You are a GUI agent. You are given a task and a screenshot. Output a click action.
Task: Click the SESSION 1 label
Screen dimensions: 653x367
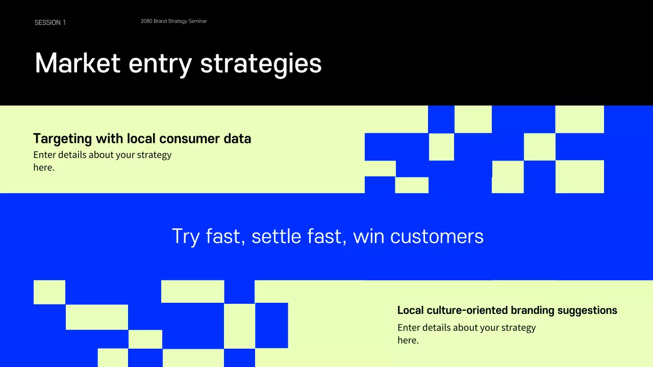pyautogui.click(x=50, y=23)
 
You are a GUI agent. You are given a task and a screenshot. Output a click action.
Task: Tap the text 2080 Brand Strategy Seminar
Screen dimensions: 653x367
pyautogui.click(x=174, y=21)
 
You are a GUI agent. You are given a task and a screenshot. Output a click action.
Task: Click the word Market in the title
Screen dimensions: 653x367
pyautogui.click(x=78, y=63)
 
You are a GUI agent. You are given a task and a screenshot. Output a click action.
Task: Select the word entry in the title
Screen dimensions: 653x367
pyautogui.click(x=160, y=65)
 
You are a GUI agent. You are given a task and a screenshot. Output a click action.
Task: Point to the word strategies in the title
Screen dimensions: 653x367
pyautogui.click(x=261, y=64)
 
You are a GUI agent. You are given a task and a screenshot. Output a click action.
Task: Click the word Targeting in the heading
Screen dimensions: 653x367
pyautogui.click(x=63, y=139)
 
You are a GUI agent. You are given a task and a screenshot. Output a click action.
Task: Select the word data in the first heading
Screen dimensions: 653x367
pyautogui.click(x=237, y=138)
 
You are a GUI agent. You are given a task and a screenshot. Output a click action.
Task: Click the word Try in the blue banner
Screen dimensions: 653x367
pyautogui.click(x=186, y=237)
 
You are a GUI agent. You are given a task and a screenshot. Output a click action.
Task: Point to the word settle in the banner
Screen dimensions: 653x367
pyautogui.click(x=277, y=236)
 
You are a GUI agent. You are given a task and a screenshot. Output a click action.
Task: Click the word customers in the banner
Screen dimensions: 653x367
pyautogui.click(x=437, y=237)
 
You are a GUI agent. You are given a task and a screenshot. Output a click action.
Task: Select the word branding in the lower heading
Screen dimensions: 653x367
pyautogui.click(x=533, y=310)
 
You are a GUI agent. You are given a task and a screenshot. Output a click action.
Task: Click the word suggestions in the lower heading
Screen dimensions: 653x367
pyautogui.click(x=587, y=311)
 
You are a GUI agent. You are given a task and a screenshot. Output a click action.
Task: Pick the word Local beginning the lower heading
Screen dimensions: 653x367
pyautogui.click(x=411, y=310)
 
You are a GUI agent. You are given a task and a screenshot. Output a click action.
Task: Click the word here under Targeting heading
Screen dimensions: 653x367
pyautogui.click(x=44, y=168)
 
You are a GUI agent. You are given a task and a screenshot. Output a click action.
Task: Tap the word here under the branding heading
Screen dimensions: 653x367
pyautogui.click(x=408, y=340)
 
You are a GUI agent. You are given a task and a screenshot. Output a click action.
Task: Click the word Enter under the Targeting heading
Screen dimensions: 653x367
pyautogui.click(x=44, y=154)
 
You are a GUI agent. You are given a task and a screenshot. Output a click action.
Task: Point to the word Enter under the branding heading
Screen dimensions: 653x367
pyautogui.click(x=409, y=327)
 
